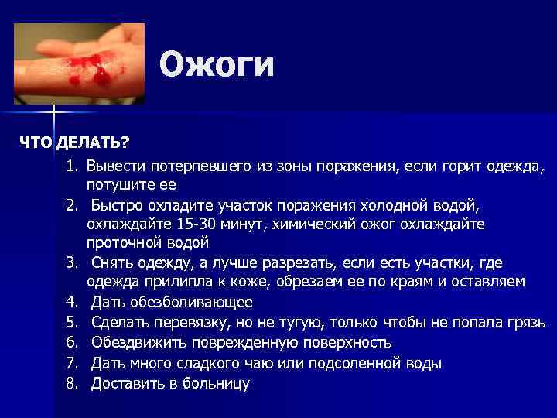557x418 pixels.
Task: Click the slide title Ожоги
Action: point(217,65)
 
